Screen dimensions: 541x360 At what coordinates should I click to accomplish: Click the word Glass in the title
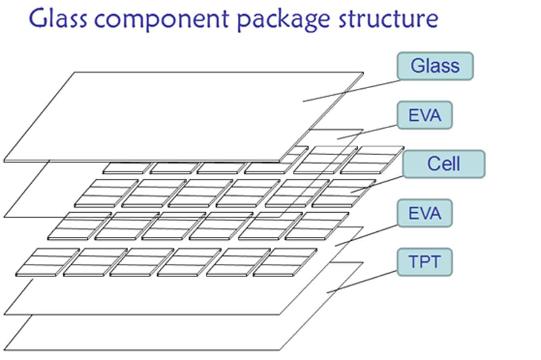pos(58,18)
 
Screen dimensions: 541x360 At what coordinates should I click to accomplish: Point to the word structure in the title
pos(389,19)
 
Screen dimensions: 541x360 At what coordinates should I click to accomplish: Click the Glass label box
pos(435,66)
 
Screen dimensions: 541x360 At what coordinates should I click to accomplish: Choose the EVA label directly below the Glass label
pos(425,115)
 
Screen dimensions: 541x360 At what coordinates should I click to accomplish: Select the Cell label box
pos(444,164)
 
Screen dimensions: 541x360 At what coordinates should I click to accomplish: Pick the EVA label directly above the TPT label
pos(425,213)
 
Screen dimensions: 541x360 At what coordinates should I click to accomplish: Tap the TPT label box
pos(425,262)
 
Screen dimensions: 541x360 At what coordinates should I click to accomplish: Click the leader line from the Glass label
pos(351,91)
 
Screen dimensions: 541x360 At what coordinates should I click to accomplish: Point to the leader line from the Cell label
pos(377,185)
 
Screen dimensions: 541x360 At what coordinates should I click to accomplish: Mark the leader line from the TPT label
pos(362,282)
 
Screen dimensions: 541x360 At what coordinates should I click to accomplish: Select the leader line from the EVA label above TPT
pos(366,236)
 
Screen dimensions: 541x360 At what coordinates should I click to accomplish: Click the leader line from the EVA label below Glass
pos(368,132)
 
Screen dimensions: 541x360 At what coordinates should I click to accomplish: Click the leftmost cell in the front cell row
pos(48,262)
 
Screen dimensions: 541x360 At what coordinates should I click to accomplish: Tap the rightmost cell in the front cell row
pos(285,262)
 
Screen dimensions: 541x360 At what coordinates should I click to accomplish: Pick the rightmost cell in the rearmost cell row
pos(372,160)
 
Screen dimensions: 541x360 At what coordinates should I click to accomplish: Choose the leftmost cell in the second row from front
pos(80,226)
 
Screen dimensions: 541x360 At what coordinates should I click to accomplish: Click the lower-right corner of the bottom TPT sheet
pos(280,350)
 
